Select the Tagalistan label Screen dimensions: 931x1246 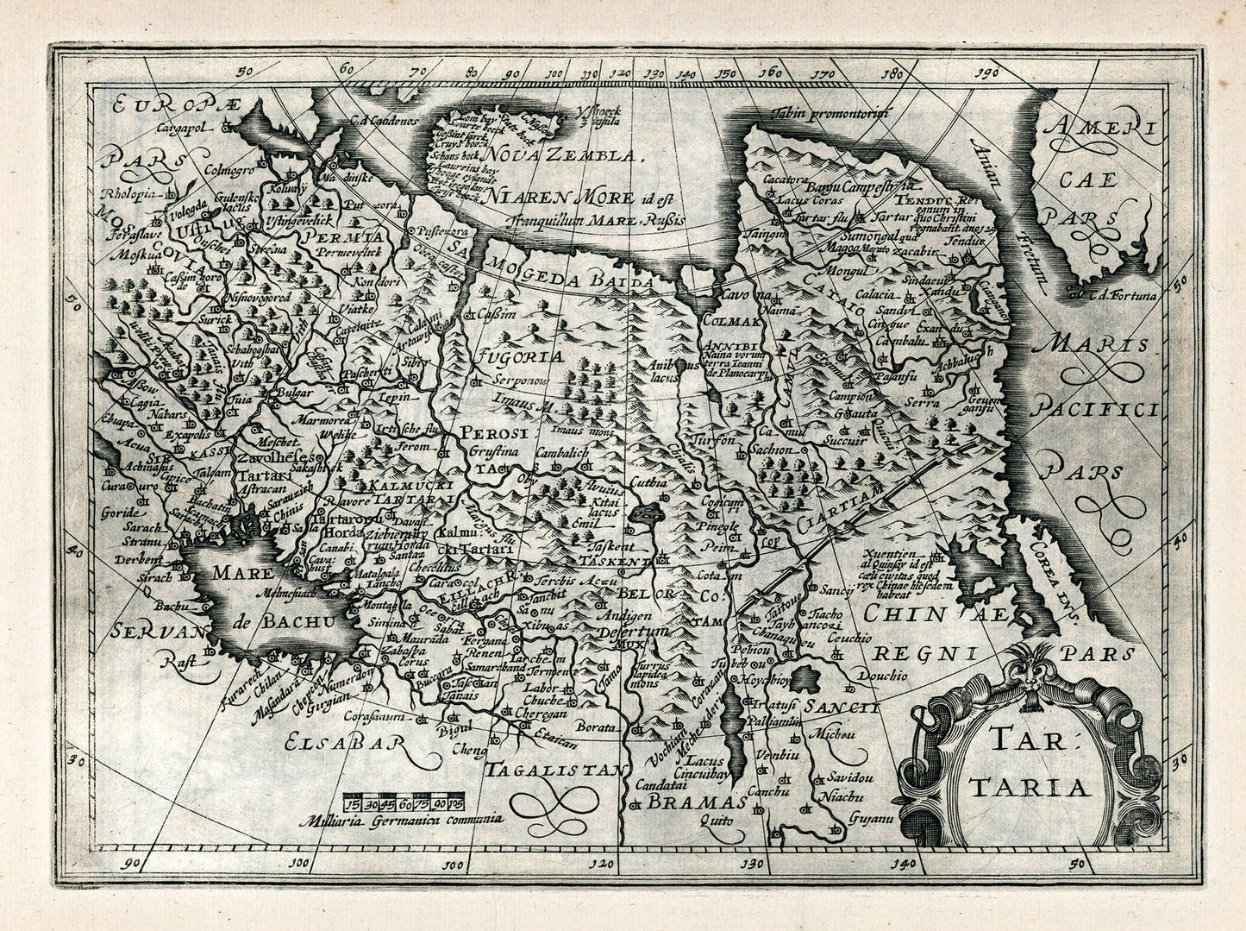pos(551,768)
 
